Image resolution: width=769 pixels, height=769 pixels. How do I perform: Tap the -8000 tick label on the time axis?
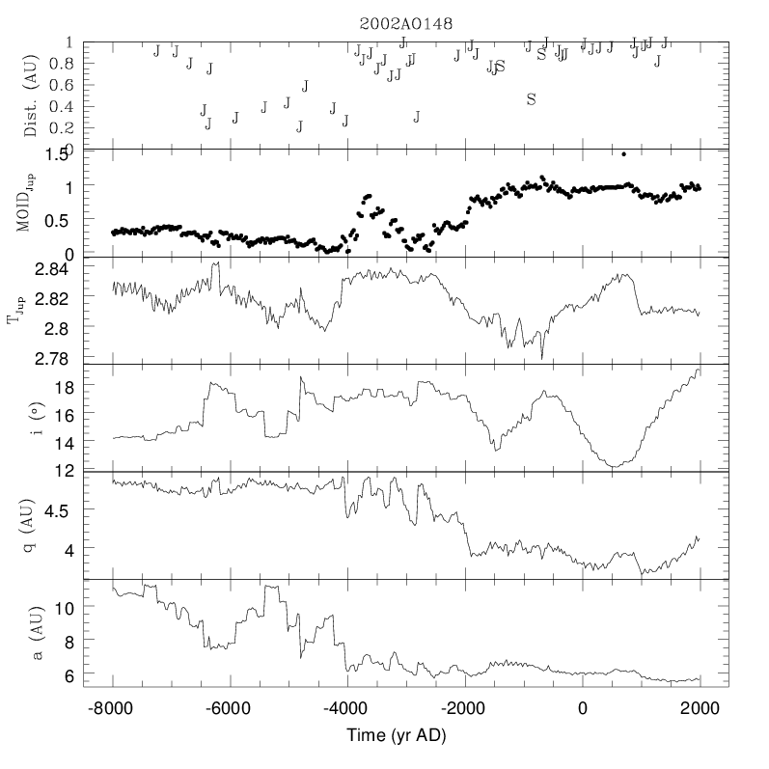point(113,708)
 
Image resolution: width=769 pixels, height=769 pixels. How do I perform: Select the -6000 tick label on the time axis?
point(230,708)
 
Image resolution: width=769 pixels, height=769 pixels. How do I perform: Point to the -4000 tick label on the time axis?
point(347,708)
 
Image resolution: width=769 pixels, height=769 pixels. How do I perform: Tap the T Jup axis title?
point(18,312)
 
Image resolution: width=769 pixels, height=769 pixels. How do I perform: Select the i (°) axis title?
point(32,418)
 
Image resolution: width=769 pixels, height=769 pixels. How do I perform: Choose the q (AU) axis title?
point(32,525)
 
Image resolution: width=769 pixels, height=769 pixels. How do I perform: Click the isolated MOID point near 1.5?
point(624,153)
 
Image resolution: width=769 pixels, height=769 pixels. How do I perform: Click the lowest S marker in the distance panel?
point(531,98)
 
